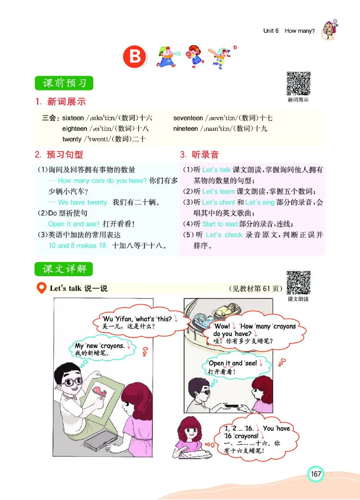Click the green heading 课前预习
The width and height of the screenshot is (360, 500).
tap(64, 83)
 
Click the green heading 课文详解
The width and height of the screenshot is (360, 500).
tap(64, 269)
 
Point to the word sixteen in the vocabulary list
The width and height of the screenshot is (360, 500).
tap(73, 118)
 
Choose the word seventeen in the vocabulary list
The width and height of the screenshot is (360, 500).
tap(188, 118)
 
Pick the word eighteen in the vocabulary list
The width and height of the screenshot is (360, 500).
tap(75, 129)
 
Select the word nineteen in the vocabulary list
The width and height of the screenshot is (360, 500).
tap(185, 129)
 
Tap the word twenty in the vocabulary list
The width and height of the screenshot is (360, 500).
tap(72, 139)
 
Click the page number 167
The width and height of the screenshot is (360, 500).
tap(316, 474)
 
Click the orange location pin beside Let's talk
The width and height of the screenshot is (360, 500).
tap(42, 288)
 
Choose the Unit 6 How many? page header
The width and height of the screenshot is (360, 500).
tap(289, 31)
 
